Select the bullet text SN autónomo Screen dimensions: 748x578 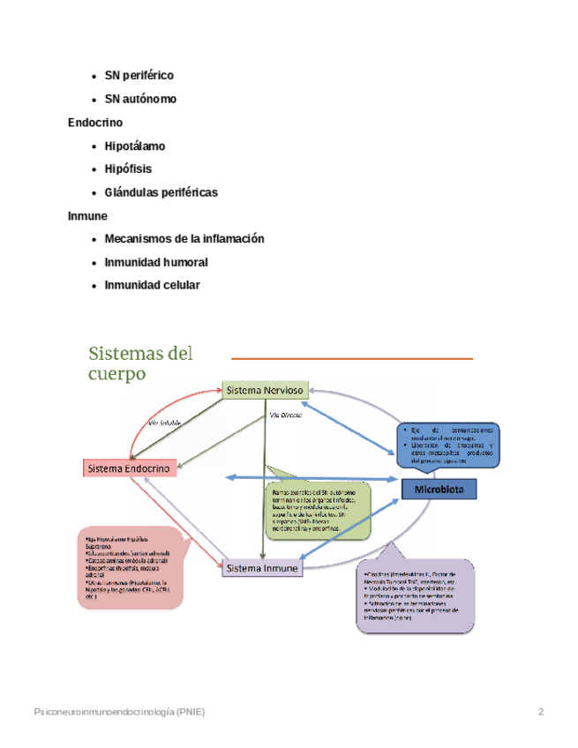point(139,99)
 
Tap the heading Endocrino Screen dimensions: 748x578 point(95,122)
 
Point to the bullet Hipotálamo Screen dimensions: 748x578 point(134,146)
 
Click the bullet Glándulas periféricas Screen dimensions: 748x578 point(161,192)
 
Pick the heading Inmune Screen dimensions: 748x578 point(87,215)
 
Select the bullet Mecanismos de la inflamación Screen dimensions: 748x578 point(184,239)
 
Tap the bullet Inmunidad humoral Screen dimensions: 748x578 point(156,262)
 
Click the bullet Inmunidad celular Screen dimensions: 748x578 point(152,285)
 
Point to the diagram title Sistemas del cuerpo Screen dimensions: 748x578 point(140,363)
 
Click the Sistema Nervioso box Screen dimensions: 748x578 point(265,390)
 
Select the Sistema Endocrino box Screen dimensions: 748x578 point(129,469)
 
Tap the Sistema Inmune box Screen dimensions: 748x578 point(262,569)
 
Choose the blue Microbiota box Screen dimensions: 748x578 point(439,488)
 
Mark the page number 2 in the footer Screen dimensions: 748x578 point(541,711)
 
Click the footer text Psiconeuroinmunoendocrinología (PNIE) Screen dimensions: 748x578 point(118,711)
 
